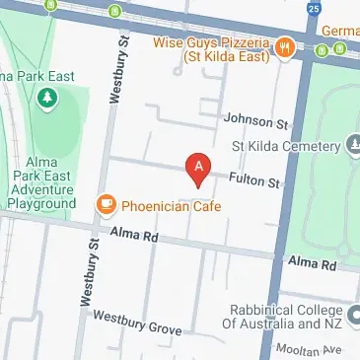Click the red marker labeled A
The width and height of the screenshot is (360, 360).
199,170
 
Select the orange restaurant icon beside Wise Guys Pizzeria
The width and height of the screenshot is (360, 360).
284,45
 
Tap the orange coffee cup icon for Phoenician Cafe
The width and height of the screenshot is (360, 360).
106,204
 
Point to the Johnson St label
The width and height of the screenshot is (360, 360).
255,122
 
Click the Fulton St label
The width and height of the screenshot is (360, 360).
255,181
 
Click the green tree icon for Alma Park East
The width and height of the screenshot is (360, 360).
45,100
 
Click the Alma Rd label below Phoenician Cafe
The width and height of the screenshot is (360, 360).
134,235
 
